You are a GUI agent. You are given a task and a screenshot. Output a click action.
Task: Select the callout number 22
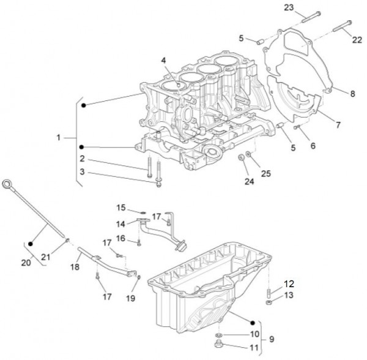(356, 39)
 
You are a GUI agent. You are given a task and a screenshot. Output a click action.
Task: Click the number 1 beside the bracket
(59, 138)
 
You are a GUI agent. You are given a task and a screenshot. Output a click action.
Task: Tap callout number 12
(289, 283)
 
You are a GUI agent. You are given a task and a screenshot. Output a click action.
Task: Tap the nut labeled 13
(269, 301)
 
